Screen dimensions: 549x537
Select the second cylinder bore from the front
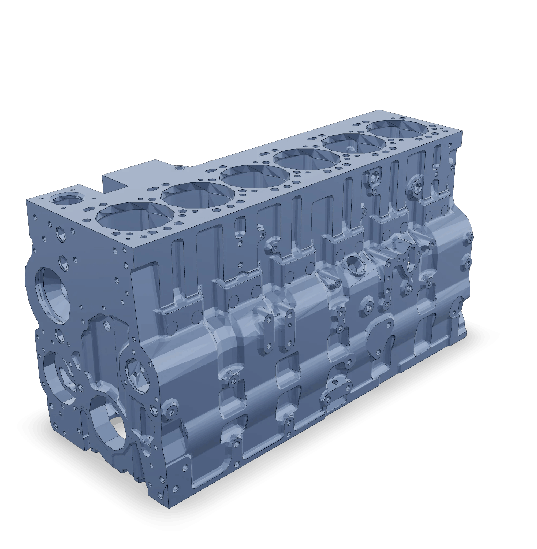198,195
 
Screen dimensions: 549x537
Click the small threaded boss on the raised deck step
179,168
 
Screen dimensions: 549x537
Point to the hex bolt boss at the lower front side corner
170,412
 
